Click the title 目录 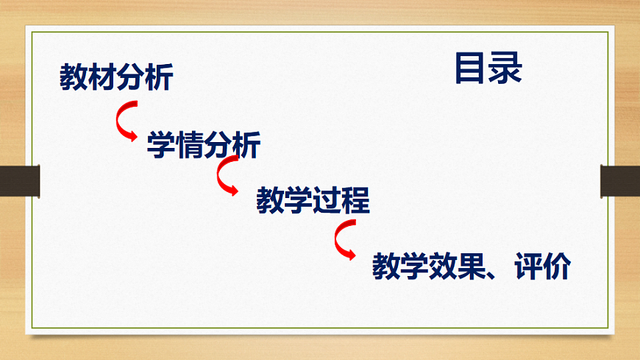click(x=488, y=68)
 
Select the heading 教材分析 click(x=116, y=77)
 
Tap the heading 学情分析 click(x=204, y=144)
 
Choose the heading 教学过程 click(x=313, y=200)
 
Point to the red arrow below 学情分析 click(x=227, y=178)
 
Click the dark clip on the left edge click(x=18, y=181)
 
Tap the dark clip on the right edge click(x=620, y=181)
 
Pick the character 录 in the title click(x=505, y=68)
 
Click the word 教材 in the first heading click(x=88, y=77)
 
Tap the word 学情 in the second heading click(x=175, y=144)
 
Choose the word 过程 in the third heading click(x=341, y=200)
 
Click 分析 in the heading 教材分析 click(x=145, y=77)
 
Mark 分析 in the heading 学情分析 click(x=232, y=144)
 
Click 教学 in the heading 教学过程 click(x=284, y=200)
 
